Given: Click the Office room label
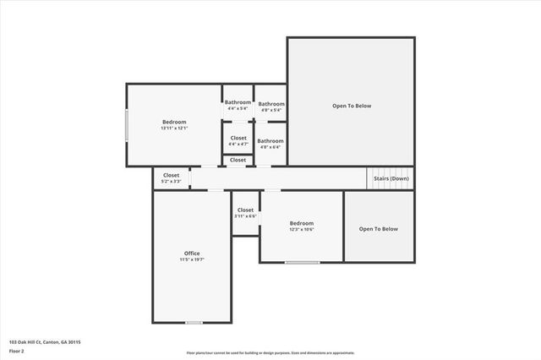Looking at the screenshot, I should [192, 254].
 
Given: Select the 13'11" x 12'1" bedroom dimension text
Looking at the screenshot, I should [173, 128].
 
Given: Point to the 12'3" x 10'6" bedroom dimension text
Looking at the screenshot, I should [302, 230].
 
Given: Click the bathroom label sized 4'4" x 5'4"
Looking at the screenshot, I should [238, 103].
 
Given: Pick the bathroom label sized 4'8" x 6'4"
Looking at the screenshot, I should [270, 141].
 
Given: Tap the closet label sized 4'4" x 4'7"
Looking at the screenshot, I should [238, 138].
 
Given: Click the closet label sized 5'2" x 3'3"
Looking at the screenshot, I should [172, 175].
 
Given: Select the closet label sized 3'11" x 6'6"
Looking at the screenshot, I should [245, 210].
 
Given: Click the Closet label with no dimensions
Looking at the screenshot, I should [238, 160].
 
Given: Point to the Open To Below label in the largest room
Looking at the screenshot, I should [351, 106].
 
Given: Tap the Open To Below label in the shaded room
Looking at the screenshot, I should [378, 229].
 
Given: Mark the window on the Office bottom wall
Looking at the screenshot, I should [194, 322].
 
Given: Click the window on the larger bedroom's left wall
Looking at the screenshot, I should [128, 126].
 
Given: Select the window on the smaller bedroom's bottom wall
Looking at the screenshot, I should [302, 262].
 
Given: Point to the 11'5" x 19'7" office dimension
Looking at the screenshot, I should [192, 259].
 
